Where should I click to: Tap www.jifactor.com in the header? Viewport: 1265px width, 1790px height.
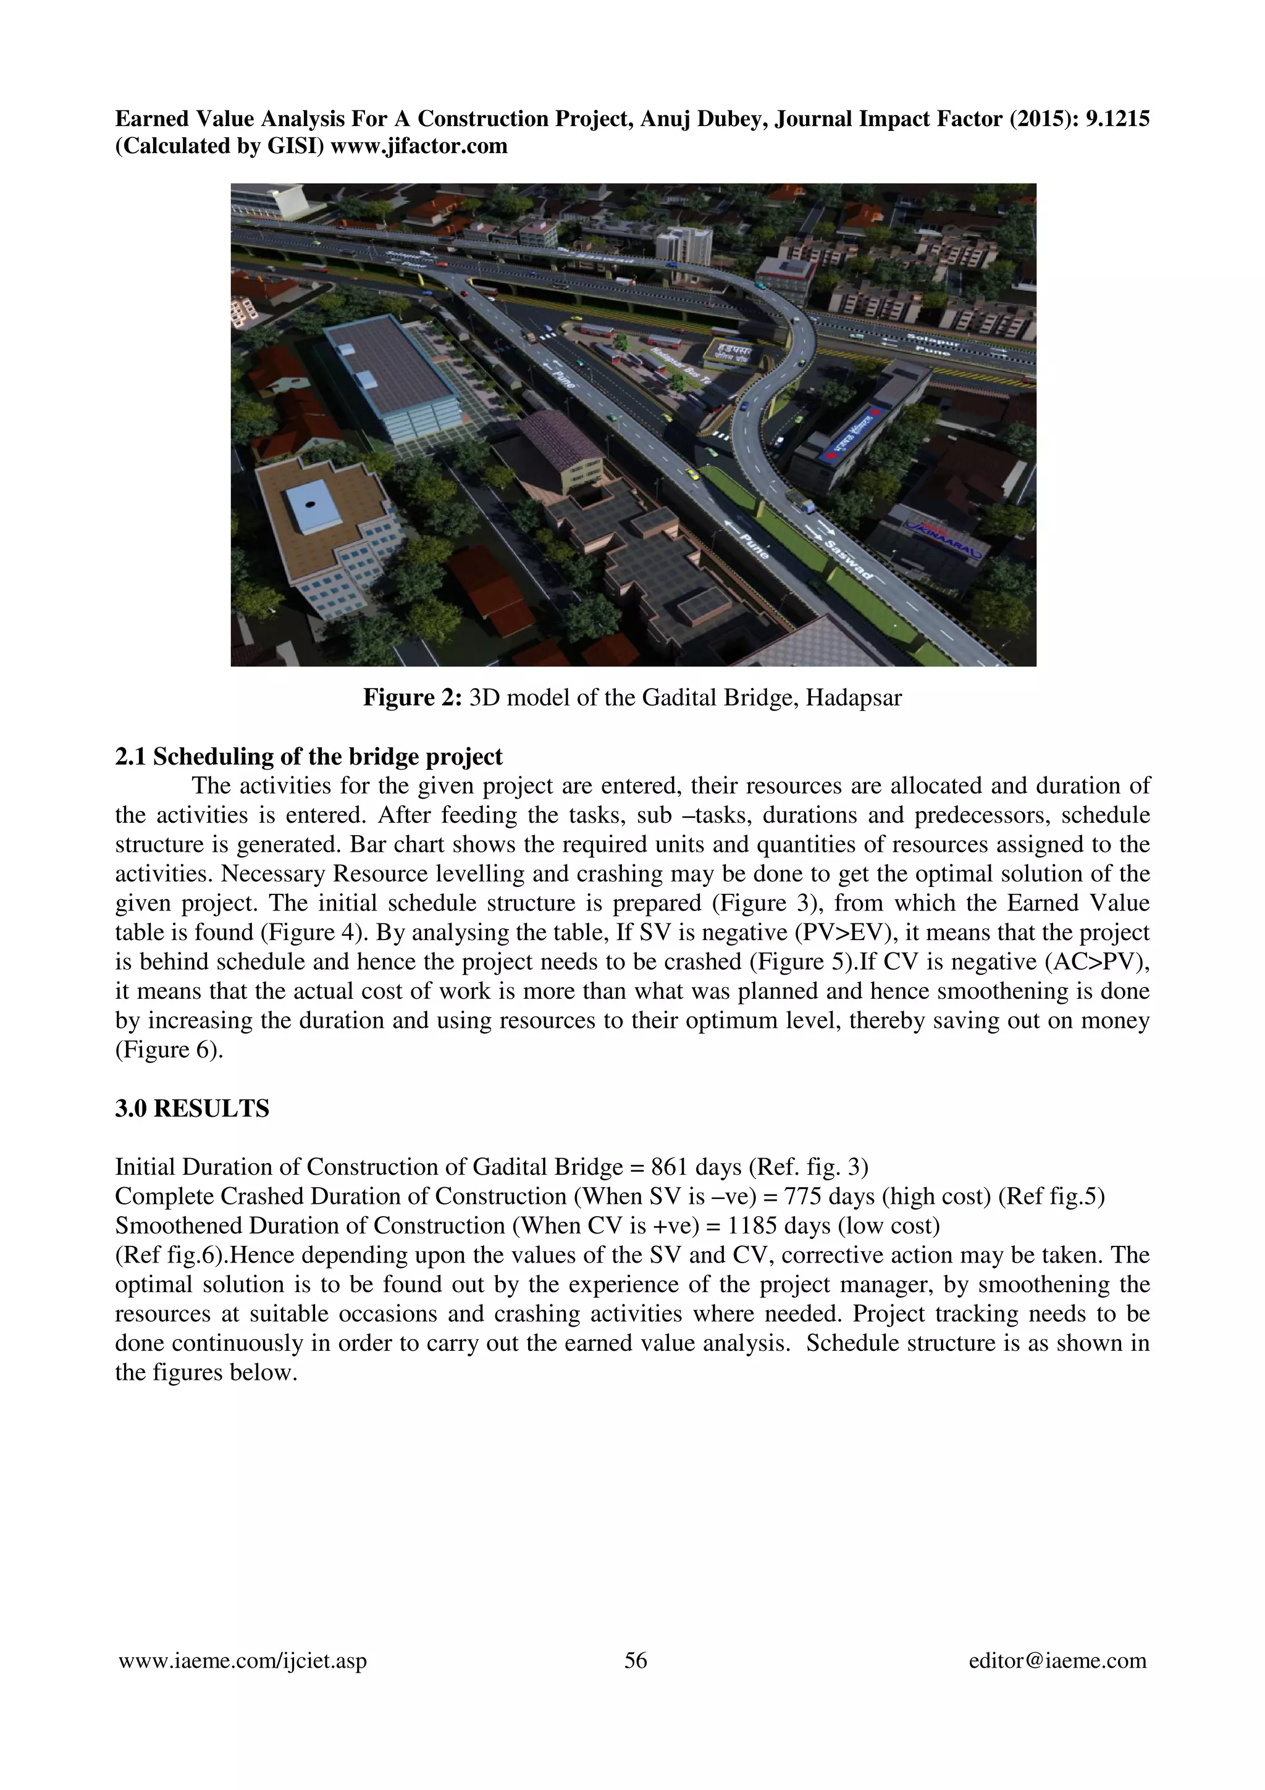tap(419, 146)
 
